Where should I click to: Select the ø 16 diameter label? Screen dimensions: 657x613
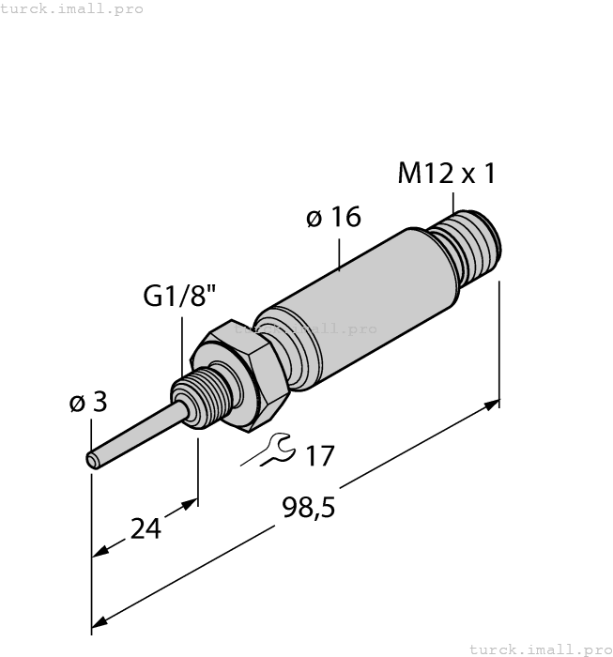pos(333,218)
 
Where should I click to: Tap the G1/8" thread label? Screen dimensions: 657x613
pos(179,297)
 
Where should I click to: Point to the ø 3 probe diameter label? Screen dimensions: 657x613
pos(88,403)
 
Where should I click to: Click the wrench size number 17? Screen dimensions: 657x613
pos(320,457)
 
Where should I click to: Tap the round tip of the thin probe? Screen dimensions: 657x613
pos(93,460)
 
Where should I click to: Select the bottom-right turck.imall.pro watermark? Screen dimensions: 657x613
pos(539,649)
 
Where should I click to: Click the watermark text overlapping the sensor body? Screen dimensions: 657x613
pos(305,329)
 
